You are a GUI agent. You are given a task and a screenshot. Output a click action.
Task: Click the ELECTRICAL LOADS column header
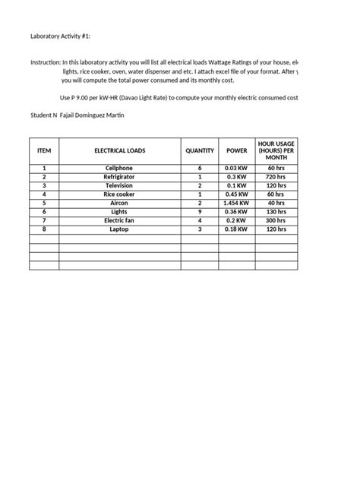pos(119,151)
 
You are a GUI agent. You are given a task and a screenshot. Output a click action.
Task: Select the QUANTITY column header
pos(200,151)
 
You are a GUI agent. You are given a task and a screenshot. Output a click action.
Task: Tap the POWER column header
pos(237,151)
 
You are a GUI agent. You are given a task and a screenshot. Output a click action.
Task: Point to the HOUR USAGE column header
pos(276,150)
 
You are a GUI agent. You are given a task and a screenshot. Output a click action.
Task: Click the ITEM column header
pos(44,151)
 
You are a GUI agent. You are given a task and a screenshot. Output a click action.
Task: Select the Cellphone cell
pos(119,167)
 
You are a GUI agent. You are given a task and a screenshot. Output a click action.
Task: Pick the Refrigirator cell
pos(119,176)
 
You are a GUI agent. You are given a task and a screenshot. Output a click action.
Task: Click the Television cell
pos(119,185)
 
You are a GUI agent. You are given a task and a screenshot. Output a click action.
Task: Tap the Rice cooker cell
pos(119,194)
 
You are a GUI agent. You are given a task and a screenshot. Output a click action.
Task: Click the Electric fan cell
pos(119,220)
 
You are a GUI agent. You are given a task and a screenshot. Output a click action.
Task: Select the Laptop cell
pos(119,229)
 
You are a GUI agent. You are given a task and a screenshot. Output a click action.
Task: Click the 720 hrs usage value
pos(276,176)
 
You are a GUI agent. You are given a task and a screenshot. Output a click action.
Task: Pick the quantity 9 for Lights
pos(200,212)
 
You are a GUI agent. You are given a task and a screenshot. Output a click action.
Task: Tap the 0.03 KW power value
pos(237,167)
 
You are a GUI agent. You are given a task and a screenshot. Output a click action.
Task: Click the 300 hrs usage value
pos(276,220)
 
